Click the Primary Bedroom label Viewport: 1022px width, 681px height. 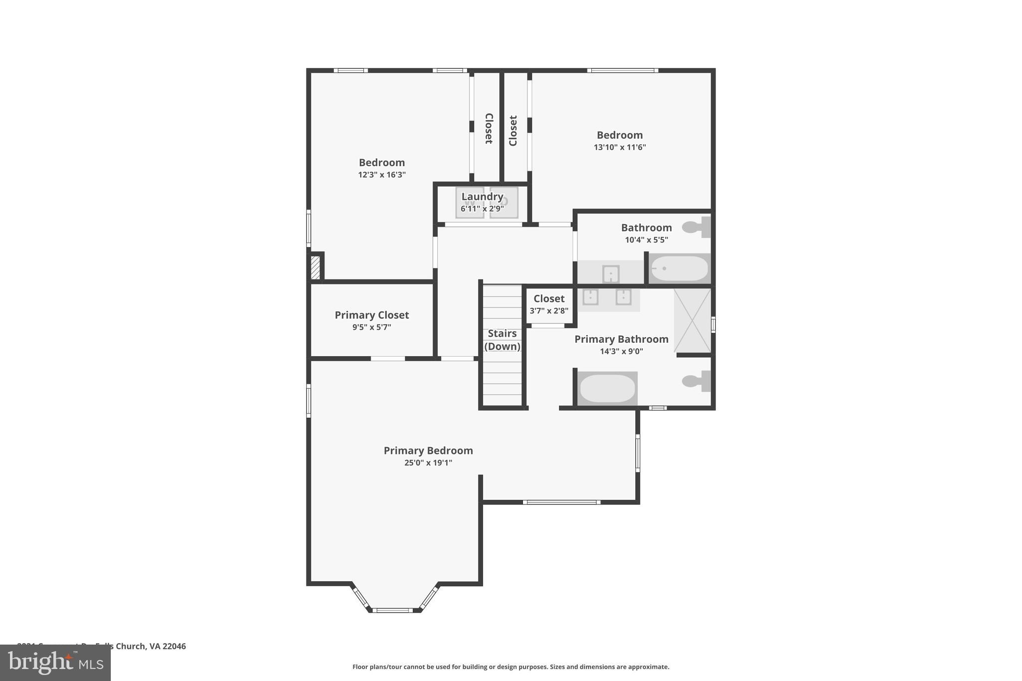(x=428, y=451)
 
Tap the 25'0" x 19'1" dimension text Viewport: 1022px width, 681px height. (x=428, y=463)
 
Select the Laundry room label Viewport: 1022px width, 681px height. (x=482, y=197)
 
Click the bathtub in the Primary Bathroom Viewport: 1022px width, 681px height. (x=607, y=389)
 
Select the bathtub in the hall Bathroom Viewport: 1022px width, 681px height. (x=679, y=268)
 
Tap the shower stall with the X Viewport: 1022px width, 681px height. (x=692, y=320)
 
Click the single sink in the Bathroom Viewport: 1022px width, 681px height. (x=611, y=274)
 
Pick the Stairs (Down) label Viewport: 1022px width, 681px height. (x=502, y=340)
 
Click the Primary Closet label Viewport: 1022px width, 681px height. (x=372, y=315)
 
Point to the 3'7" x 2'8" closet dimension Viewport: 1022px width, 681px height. (x=549, y=311)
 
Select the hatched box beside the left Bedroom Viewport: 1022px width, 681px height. (x=315, y=267)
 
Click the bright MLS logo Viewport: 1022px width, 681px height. (x=55, y=663)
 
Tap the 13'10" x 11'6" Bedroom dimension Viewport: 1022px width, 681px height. (x=620, y=147)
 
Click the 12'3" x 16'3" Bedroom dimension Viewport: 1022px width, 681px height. (x=382, y=175)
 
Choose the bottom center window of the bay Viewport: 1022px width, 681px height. (x=392, y=610)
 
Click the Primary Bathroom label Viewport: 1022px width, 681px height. (x=621, y=339)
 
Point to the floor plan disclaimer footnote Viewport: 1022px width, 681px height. (x=511, y=667)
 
